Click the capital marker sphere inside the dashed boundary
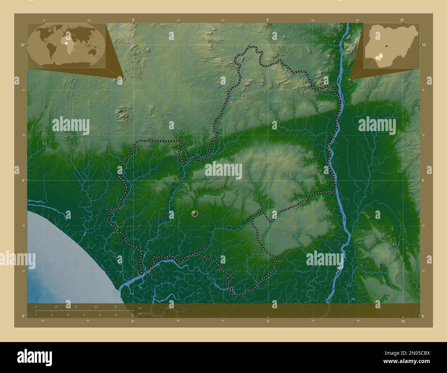click(x=195, y=214)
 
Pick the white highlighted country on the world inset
click(x=66, y=43)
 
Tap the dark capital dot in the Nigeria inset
click(x=386, y=46)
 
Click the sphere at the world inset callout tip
click(x=124, y=79)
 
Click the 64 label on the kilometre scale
click(x=116, y=306)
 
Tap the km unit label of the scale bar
click(x=140, y=308)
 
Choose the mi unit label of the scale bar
click(x=140, y=313)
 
